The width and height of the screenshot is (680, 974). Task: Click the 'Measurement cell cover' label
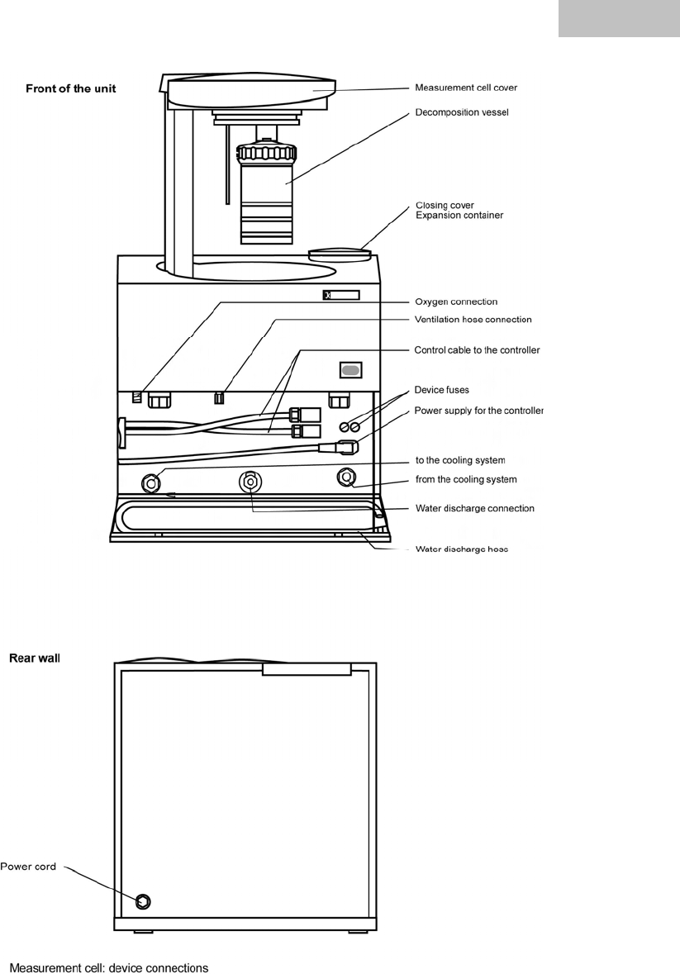click(466, 88)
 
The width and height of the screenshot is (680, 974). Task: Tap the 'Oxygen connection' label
click(456, 302)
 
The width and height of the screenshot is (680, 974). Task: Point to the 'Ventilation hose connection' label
click(473, 320)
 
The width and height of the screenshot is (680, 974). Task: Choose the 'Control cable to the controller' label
click(477, 350)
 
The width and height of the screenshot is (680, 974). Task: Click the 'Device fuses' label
click(441, 390)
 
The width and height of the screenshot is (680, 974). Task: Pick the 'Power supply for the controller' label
click(479, 411)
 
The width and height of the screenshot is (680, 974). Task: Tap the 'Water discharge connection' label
click(474, 509)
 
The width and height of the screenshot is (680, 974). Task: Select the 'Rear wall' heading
click(35, 658)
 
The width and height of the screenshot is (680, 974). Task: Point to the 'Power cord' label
click(28, 867)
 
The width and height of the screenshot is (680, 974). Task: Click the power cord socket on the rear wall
click(142, 900)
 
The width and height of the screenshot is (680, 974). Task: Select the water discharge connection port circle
click(250, 481)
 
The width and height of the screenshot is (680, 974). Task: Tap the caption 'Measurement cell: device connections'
click(108, 967)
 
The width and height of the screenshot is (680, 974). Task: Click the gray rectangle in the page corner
click(619, 18)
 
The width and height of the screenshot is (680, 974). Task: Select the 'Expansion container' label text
click(459, 216)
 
